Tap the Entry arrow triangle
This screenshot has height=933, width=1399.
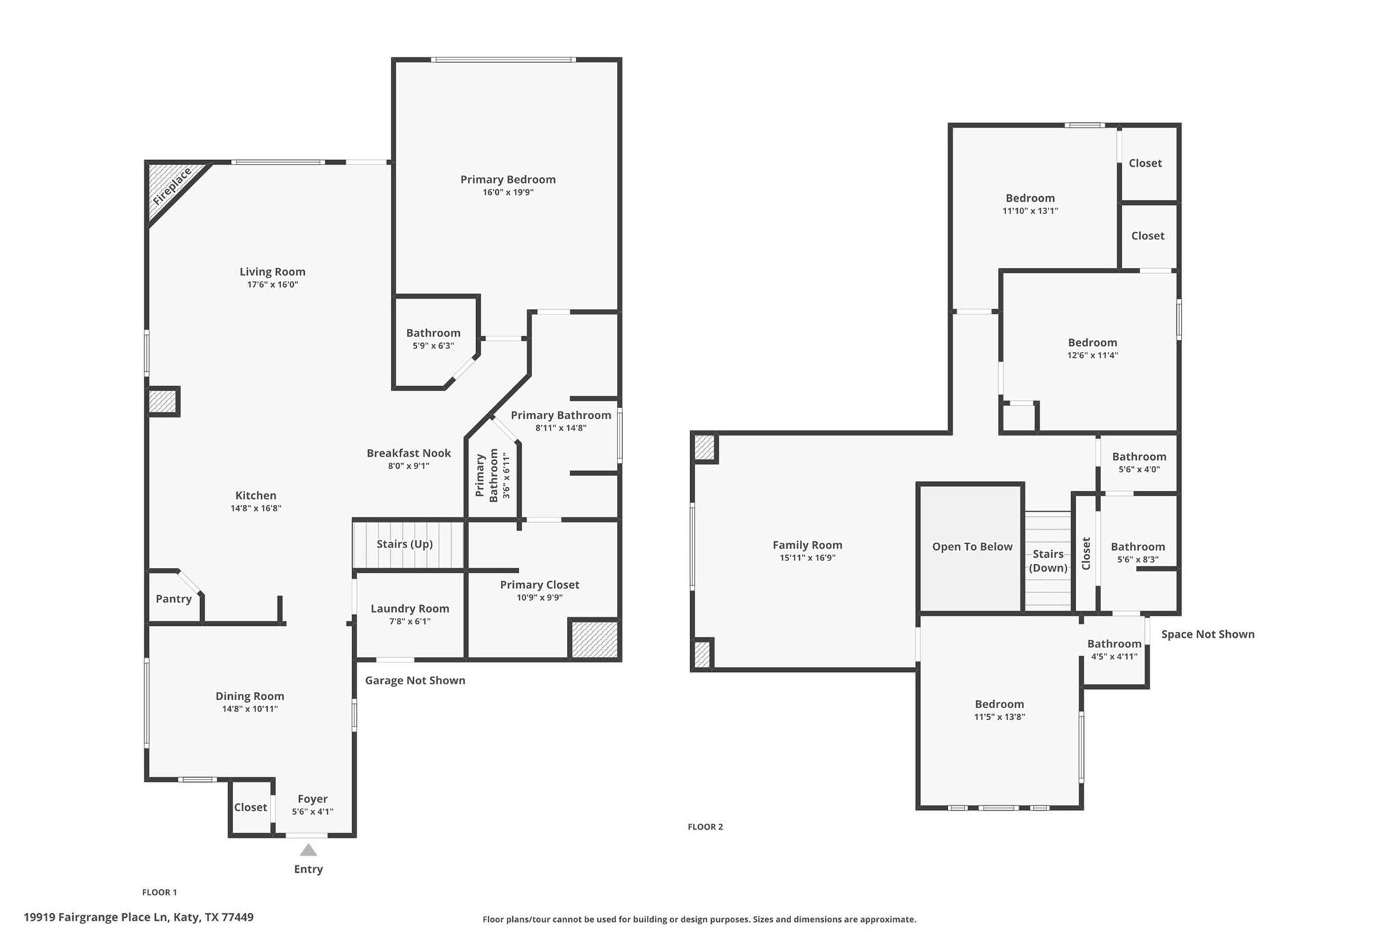(x=308, y=850)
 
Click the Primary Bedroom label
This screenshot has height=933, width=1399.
(x=508, y=179)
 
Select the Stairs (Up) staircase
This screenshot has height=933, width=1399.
(x=407, y=545)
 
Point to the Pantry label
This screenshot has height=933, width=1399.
(x=174, y=599)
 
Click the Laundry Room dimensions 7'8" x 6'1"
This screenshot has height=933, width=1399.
(x=410, y=621)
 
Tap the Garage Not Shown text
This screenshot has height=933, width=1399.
(x=415, y=680)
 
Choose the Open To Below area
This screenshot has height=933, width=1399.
(x=971, y=547)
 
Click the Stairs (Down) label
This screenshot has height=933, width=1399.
(x=1048, y=560)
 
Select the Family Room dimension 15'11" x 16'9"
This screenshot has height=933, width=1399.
(x=807, y=558)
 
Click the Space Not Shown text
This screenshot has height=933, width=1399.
(x=1207, y=634)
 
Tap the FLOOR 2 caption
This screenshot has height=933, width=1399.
(x=705, y=826)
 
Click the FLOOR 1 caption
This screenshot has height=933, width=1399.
(x=159, y=892)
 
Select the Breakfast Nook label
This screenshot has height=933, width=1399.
(x=408, y=453)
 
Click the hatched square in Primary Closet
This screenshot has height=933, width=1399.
(x=594, y=640)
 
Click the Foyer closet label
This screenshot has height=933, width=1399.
(x=250, y=807)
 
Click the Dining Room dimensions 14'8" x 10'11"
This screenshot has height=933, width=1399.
(x=249, y=709)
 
